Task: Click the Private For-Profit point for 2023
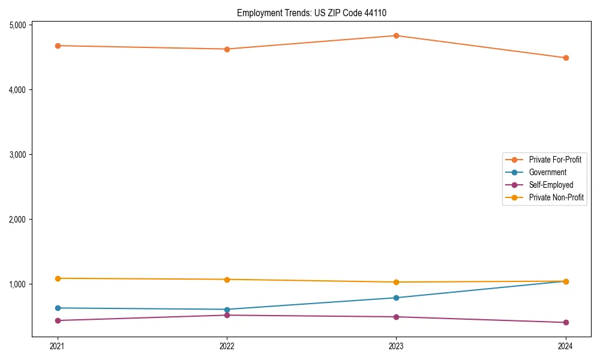pos(396,35)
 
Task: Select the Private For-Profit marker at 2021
pos(58,46)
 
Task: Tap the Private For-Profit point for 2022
pos(227,49)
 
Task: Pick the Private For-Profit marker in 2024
pos(565,58)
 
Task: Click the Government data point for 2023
pos(396,298)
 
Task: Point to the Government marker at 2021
pos(58,308)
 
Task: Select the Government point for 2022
pos(227,310)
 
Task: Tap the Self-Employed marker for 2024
pos(565,322)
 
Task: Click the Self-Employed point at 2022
pos(227,315)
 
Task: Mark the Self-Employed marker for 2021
pos(58,320)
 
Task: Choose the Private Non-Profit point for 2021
pos(58,278)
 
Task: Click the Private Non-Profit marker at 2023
pos(396,282)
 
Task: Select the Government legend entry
pos(547,172)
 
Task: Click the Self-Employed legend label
pos(551,185)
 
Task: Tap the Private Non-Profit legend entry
pos(556,197)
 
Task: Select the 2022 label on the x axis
pos(227,346)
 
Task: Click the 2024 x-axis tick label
pos(565,346)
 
